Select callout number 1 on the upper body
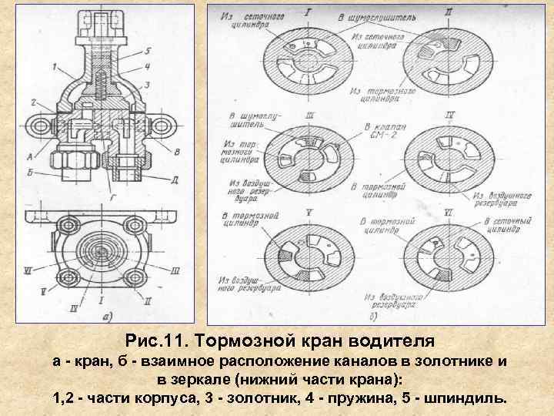tap(57, 68)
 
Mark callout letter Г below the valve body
tap(114, 199)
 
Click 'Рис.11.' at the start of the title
tap(157, 340)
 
